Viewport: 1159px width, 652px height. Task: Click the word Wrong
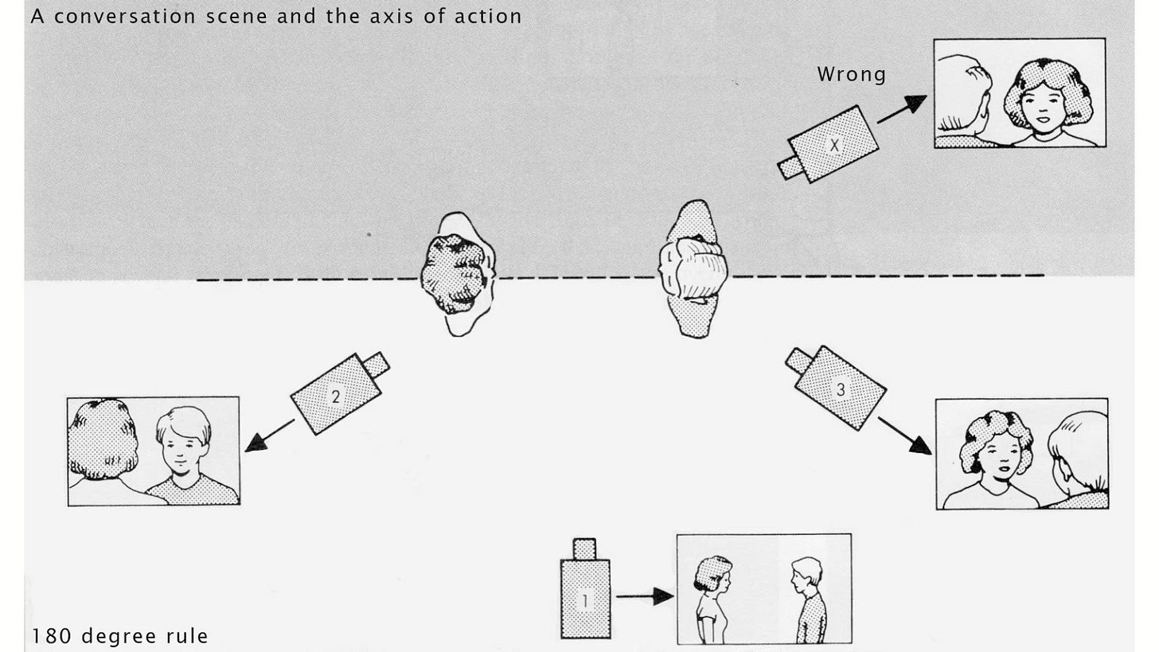851,75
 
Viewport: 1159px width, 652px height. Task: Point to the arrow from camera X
902,109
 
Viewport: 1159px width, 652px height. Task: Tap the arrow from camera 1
644,596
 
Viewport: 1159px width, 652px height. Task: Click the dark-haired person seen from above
457,275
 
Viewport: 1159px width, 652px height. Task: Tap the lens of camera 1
584,549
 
